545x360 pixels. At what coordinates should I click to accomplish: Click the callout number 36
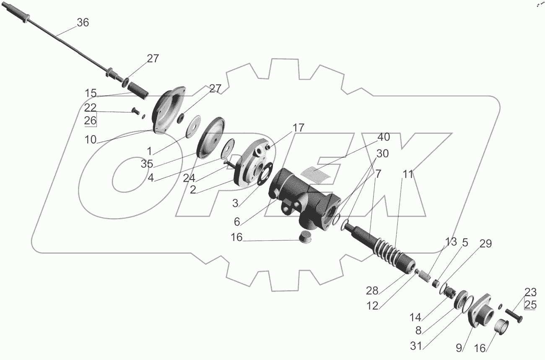click(83, 23)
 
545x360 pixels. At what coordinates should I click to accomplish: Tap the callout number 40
click(383, 137)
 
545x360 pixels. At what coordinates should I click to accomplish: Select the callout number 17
click(298, 128)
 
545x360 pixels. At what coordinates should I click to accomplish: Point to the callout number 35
click(147, 164)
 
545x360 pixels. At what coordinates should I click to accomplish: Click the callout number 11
click(408, 174)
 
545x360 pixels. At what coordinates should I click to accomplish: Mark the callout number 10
click(91, 140)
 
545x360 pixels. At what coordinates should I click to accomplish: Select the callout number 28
click(372, 291)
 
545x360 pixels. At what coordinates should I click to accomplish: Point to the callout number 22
click(91, 107)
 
